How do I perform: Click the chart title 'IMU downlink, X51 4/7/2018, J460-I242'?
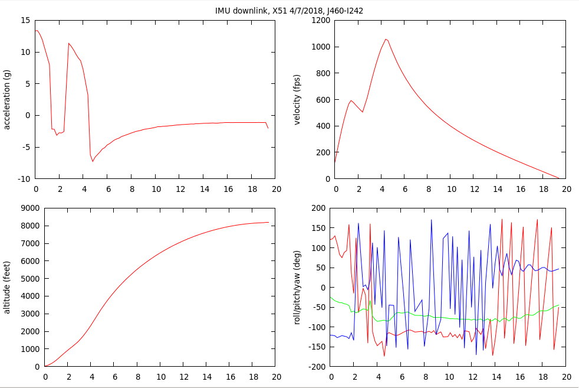(289, 11)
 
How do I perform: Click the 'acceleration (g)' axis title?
(7, 99)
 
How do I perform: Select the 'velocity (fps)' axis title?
(297, 99)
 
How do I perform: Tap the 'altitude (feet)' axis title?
(7, 287)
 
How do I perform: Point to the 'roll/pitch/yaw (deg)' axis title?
(297, 287)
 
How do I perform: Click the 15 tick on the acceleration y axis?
(25, 20)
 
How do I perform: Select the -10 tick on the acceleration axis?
(24, 179)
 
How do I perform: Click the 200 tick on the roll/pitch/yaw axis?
(319, 208)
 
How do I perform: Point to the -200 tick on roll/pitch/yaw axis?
(318, 367)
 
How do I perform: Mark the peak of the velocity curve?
(386, 39)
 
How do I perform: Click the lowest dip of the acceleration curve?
(93, 161)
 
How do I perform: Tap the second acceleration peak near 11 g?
(69, 43)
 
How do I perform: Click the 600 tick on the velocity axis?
(321, 100)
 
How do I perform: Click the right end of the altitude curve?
(268, 222)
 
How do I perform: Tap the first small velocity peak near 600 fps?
(351, 100)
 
